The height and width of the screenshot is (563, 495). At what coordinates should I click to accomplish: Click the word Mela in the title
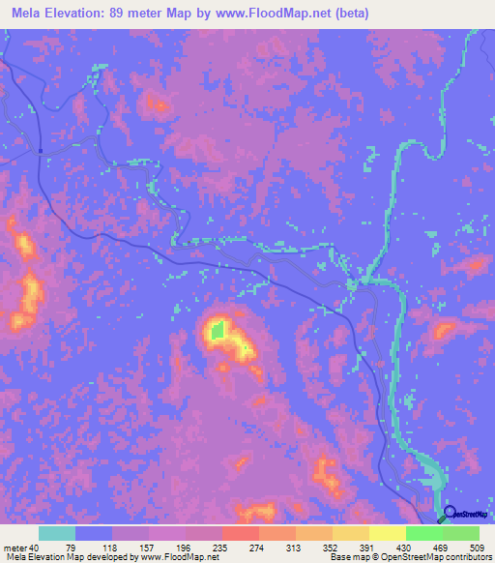pyautogui.click(x=27, y=14)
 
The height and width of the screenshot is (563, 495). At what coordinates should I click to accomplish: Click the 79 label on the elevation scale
pyautogui.click(x=76, y=548)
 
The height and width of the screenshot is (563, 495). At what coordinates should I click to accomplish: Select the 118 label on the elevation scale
pyautogui.click(x=113, y=548)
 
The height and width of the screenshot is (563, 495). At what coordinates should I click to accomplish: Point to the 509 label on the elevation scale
pyautogui.click(x=475, y=548)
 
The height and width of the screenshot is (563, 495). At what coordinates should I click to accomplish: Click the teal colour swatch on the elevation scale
pyautogui.click(x=57, y=533)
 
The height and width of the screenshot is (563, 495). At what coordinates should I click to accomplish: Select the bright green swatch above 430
pyautogui.click(x=423, y=533)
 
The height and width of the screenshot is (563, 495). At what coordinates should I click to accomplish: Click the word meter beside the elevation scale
pyautogui.click(x=15, y=548)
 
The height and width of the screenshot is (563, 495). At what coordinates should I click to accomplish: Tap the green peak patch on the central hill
pyautogui.click(x=218, y=330)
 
